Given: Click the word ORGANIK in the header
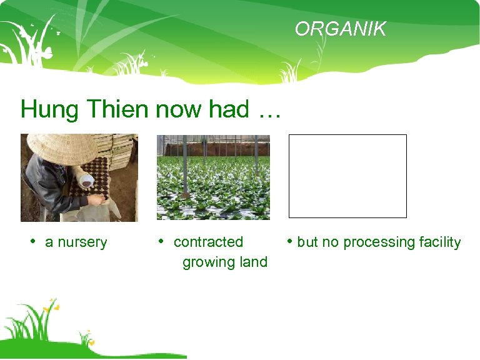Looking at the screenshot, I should pos(341,29).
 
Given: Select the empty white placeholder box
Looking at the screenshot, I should pos(347,176).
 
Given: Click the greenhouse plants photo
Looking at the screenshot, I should pos(213,177).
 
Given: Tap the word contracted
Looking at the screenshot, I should pos(208,242).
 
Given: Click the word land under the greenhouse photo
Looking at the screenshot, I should pos(253,262).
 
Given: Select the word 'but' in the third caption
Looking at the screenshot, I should pos(307,242).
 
